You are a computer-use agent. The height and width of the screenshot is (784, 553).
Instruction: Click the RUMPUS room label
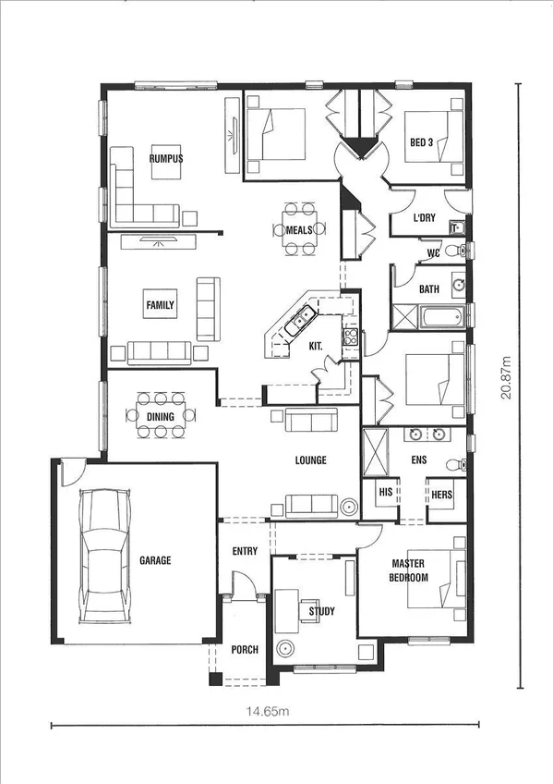[x=166, y=158]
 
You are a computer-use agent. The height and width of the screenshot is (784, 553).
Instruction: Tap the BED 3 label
[x=421, y=142]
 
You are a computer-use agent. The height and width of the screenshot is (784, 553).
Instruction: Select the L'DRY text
[x=424, y=218]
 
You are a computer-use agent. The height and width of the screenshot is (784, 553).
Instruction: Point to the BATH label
[x=429, y=289]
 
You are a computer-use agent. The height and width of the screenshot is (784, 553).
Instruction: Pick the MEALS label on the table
[x=298, y=229]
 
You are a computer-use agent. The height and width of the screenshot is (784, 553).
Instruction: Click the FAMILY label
[x=160, y=305]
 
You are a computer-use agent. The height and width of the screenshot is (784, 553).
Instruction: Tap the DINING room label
[x=161, y=417]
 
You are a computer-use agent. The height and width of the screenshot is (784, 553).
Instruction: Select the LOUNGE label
[x=310, y=460]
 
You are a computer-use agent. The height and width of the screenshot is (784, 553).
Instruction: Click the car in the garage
[x=102, y=555]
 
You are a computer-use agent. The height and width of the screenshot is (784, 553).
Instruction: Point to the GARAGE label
[x=155, y=560]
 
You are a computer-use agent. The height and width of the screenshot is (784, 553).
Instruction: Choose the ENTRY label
[x=245, y=552]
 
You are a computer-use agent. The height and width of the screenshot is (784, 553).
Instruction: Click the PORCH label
[x=245, y=650]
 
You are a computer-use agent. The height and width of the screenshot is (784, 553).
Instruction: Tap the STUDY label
[x=322, y=611]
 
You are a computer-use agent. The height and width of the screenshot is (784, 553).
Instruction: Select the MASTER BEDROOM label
[x=410, y=570]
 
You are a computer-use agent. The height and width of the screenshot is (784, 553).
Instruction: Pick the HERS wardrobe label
[x=441, y=495]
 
